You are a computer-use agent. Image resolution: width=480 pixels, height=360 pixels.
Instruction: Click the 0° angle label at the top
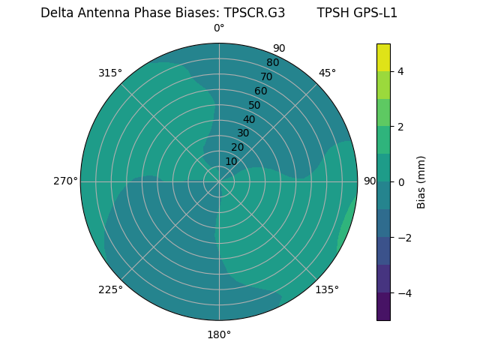coord(219,28)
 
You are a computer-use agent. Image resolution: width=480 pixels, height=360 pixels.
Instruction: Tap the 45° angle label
coord(327,73)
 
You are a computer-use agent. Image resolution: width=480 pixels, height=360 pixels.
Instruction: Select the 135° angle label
coord(327,289)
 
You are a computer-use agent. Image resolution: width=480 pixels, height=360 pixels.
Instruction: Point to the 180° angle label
coord(219,334)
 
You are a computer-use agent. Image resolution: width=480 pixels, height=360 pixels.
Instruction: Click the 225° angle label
coord(110,289)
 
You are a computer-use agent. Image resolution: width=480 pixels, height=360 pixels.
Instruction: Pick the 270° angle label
coord(65,181)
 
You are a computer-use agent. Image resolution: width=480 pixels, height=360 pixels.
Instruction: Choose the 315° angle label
coord(110,73)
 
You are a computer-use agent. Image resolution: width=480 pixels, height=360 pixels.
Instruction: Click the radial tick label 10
coord(231,161)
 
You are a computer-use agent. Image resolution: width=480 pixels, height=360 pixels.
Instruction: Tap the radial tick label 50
coord(254,106)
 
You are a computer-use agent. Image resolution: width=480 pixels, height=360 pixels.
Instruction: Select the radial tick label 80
coord(272,63)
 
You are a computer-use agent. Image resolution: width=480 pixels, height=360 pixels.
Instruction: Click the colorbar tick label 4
coord(400,71)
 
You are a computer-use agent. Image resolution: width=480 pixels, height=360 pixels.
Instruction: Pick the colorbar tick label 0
coord(400,181)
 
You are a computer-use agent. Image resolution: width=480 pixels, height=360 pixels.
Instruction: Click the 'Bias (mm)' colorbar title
coord(421,181)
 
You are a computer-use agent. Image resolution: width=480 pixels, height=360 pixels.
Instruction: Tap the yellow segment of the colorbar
coord(383,58)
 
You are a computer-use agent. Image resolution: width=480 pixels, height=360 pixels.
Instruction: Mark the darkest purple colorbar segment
coord(383,306)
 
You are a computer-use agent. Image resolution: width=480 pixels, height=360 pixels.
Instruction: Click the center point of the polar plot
coord(219,181)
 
